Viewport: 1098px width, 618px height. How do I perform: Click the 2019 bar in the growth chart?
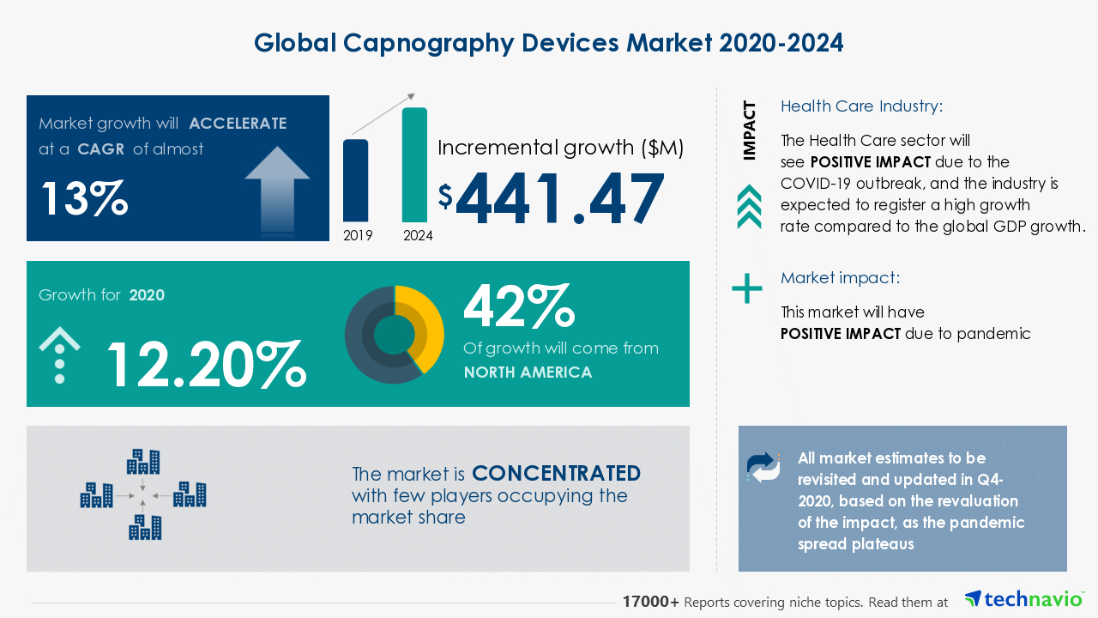tap(356, 180)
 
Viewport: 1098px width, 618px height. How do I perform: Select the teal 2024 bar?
tap(414, 165)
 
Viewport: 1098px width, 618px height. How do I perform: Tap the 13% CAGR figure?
tap(84, 198)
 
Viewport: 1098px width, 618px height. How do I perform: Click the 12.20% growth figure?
tap(205, 364)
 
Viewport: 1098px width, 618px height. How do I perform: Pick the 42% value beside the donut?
tap(518, 306)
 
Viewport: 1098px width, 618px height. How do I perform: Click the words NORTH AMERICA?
tap(528, 373)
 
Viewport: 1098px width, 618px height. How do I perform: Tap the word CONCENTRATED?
tap(556, 474)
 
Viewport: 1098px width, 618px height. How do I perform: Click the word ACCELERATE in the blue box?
tap(238, 124)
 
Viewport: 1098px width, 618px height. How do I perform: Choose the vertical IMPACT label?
tap(750, 131)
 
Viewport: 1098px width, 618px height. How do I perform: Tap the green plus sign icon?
tap(746, 288)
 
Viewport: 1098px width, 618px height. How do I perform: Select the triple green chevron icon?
tap(749, 207)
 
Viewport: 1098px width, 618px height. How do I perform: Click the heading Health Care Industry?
tap(861, 106)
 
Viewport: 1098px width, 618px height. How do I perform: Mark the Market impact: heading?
tap(840, 278)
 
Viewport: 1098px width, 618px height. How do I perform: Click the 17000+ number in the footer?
tap(651, 603)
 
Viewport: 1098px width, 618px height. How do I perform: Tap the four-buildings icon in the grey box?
tap(143, 494)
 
